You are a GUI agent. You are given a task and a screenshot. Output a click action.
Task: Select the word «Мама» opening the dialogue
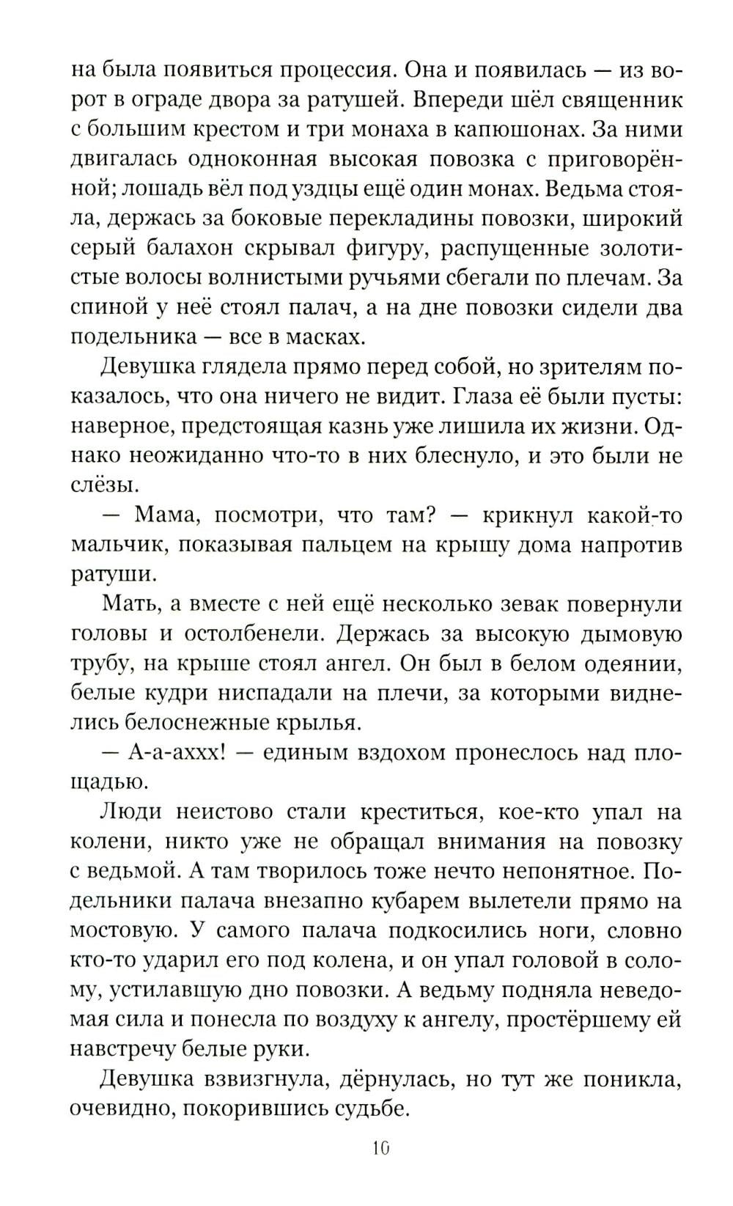click(165, 515)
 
